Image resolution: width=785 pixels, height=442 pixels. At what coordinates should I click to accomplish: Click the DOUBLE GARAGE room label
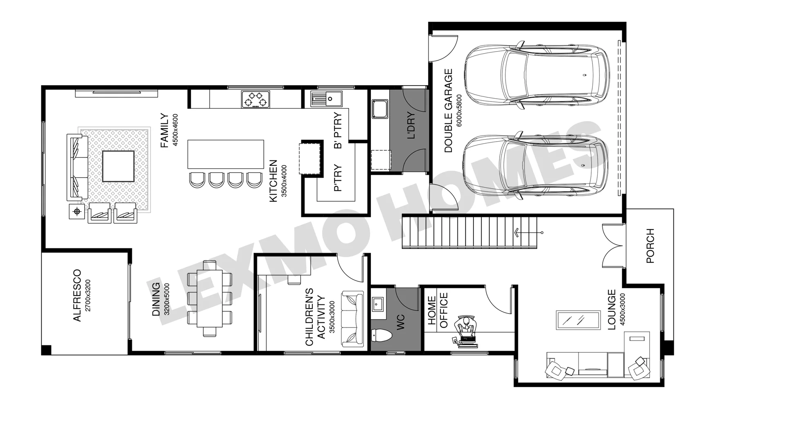[449, 111]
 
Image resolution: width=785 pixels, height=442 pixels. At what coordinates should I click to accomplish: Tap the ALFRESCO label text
[77, 295]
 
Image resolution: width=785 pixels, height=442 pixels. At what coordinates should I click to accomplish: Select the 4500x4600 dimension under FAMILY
[176, 130]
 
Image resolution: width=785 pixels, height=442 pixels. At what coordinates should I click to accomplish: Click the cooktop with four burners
[256, 99]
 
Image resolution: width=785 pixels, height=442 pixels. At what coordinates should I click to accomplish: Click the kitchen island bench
[226, 154]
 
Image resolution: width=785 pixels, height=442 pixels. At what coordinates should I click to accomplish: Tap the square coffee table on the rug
[118, 166]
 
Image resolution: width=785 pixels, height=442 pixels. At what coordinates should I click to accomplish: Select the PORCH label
[650, 246]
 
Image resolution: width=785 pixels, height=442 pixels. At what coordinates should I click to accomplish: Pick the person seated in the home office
[466, 327]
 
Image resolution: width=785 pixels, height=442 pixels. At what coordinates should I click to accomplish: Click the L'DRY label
[411, 125]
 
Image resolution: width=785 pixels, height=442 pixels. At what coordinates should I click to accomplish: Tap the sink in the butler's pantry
[326, 98]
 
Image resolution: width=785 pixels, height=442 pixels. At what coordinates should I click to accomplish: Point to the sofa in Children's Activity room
[352, 319]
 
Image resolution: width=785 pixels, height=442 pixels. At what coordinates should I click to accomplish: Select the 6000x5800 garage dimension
[459, 110]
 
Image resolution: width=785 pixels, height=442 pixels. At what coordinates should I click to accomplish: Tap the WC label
[400, 322]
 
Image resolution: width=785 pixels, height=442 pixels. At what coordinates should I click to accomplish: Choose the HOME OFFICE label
[437, 311]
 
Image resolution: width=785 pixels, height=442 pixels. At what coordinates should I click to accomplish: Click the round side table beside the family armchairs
[77, 212]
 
